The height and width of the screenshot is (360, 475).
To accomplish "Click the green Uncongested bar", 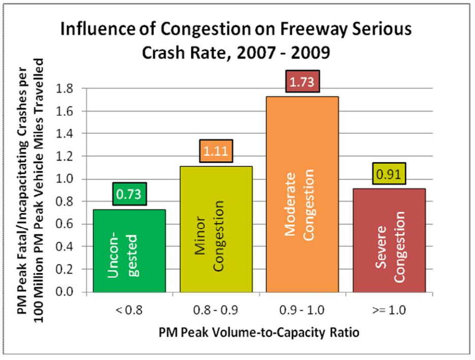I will pos(129,251).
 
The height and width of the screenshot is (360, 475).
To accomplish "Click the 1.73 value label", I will pos(302,83).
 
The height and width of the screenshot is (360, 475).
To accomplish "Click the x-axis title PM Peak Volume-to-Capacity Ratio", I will pos(259,333).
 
